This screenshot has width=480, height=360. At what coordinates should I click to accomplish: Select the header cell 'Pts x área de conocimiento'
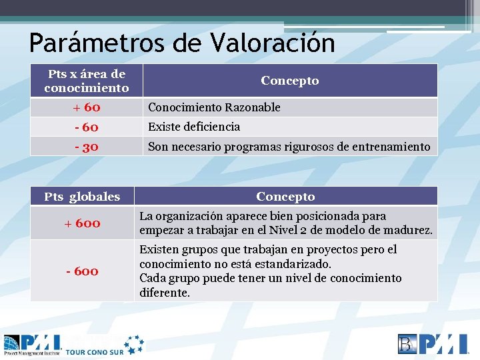pos(87,81)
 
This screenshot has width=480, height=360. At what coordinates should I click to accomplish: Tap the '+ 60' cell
pos(87,107)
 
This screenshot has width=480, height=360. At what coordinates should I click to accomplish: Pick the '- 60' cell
pos(87,127)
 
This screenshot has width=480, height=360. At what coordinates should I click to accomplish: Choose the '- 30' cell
pos(87,147)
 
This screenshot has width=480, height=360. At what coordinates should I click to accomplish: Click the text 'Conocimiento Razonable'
pos(214,107)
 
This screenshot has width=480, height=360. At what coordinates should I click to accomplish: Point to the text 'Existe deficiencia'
pos(194,127)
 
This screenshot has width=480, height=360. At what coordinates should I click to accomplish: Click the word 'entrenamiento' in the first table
pos(393,147)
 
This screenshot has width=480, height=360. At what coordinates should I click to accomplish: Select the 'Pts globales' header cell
pos(82,197)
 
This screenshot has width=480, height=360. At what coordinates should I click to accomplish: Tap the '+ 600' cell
pos(82,223)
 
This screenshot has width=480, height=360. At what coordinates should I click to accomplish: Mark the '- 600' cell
pos(82,271)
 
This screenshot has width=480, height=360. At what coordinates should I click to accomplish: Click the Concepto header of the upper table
pos(290,81)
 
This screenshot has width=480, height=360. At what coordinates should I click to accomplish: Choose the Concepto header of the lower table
pos(285,197)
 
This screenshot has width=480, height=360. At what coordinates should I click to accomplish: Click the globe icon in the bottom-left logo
pos(13,343)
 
